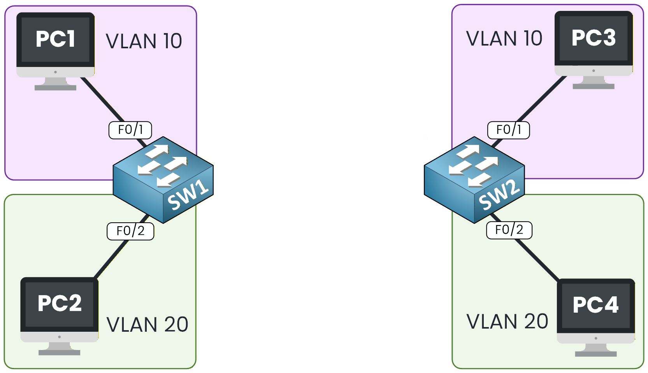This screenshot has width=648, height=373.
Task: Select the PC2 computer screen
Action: point(59,304)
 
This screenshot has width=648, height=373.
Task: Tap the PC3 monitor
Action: point(593,38)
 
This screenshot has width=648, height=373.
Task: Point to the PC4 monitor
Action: point(595,305)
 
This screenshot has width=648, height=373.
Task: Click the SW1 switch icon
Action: point(163,179)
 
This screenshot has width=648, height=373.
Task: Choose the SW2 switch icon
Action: point(474,179)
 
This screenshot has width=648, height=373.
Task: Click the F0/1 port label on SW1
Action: point(130,130)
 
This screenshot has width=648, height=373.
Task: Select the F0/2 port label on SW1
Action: point(130,231)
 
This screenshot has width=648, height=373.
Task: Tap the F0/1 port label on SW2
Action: point(508,130)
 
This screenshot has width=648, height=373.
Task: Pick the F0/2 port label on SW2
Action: point(509,230)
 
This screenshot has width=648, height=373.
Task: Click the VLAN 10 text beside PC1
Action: point(144,41)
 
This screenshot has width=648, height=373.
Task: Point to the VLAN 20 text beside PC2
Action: point(147,325)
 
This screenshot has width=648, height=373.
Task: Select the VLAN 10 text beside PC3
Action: point(504,39)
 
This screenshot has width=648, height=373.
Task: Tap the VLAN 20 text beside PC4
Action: point(507,322)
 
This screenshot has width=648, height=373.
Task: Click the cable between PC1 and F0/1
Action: point(102,99)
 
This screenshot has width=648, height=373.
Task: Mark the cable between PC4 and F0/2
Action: point(537,259)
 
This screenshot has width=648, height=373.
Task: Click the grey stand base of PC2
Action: point(59,353)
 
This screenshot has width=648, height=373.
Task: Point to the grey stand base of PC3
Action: point(593,86)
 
